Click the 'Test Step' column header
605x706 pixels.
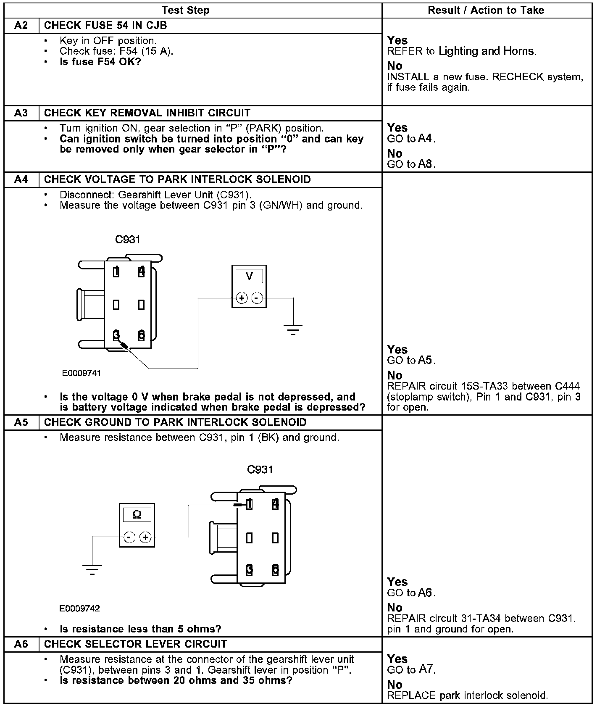pos(185,11)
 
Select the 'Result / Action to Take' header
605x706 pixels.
pos(486,11)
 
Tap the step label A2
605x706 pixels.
pos(21,26)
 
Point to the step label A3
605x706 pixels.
pos(21,113)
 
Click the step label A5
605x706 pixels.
pos(21,422)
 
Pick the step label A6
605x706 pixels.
pos(21,644)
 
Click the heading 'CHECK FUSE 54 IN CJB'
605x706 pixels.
pos(105,26)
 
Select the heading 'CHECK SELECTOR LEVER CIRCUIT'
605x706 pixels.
pos(135,644)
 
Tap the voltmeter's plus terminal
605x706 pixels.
pos(242,298)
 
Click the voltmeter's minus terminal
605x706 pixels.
pos(257,298)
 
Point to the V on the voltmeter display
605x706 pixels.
pos(249,277)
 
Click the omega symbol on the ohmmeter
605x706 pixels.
pos(137,515)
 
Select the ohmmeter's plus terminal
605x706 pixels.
pos(145,537)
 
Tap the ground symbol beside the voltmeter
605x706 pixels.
pos(293,329)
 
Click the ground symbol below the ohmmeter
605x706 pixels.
pos(92,570)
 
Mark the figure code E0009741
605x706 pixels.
pos(82,373)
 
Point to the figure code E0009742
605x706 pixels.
pos(80,609)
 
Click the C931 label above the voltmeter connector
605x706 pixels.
pos(128,240)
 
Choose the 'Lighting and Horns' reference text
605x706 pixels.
pos(487,51)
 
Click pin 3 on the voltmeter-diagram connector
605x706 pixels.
pos(116,335)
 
